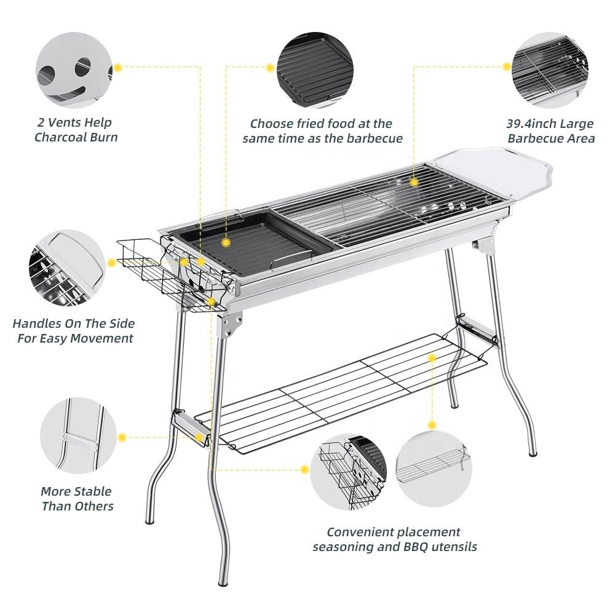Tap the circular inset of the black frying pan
pos(314,68)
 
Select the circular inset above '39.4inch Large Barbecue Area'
pos(550,68)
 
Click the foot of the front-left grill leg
pos(149,520)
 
